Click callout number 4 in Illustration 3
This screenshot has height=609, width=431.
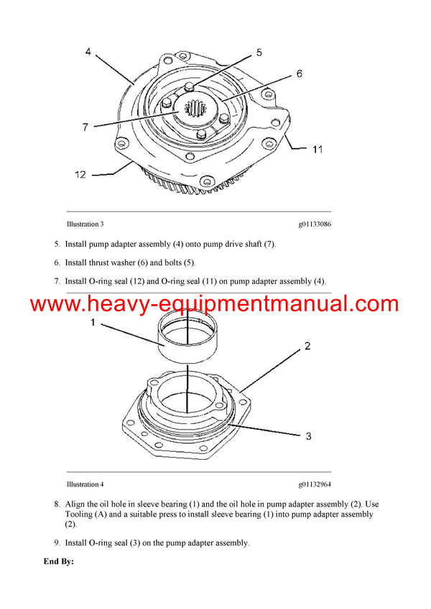point(88,52)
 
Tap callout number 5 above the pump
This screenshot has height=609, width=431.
point(259,52)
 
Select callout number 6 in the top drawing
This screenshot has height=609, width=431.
point(300,73)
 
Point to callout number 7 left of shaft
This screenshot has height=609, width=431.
point(85,127)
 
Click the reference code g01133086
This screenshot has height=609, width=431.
point(315,225)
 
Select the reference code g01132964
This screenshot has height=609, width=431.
point(315,484)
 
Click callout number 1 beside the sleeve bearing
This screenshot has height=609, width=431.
point(92,324)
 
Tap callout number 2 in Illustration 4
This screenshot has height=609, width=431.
point(307,346)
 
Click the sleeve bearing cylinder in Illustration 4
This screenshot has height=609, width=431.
point(186,337)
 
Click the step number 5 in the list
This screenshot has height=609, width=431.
point(57,244)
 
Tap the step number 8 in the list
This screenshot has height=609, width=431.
point(57,504)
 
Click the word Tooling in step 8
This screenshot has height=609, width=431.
point(80,514)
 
